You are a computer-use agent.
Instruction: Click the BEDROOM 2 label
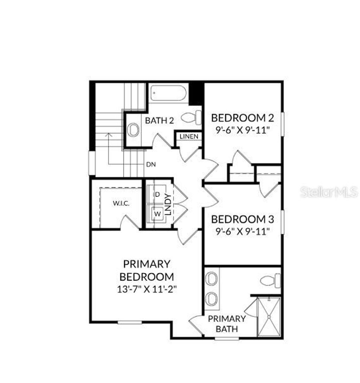(243, 117)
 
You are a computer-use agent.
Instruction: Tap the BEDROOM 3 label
(243, 219)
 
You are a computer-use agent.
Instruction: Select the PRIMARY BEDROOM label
(147, 270)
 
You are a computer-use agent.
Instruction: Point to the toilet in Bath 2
(192, 117)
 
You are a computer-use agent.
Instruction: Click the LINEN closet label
(189, 136)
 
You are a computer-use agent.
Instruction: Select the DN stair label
(151, 164)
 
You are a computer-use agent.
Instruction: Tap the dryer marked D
(157, 194)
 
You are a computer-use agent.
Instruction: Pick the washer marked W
(157, 213)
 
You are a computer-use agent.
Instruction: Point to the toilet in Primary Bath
(270, 281)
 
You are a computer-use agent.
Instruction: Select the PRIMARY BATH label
(226, 324)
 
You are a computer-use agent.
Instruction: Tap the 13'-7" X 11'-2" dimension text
(147, 289)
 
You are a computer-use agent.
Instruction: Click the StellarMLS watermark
(329, 192)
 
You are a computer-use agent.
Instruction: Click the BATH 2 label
(160, 121)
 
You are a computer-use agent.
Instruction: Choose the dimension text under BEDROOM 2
(243, 129)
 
